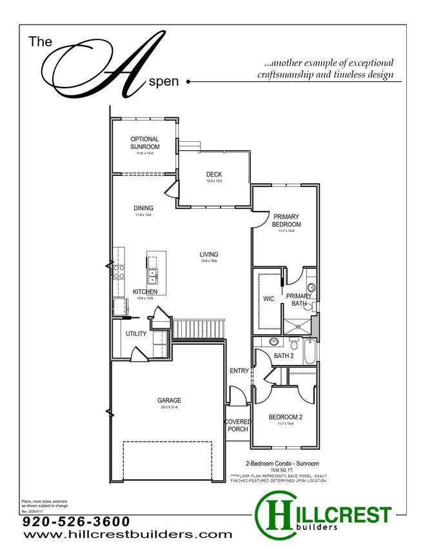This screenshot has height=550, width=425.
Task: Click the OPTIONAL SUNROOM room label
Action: tap(144, 142)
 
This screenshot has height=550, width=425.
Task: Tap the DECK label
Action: tap(214, 175)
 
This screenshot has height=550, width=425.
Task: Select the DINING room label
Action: tap(143, 208)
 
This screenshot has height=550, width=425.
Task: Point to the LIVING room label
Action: tap(209, 254)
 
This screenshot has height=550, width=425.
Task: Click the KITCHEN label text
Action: tap(145, 292)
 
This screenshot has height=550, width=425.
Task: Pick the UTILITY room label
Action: tap(136, 334)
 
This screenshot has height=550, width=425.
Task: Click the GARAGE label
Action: tap(169, 400)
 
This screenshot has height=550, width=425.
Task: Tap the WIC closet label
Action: tap(268, 299)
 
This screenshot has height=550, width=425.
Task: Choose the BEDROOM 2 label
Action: tap(285, 417)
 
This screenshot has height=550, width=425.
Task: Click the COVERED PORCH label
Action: tap(237, 426)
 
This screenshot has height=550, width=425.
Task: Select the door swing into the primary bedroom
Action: tap(259, 220)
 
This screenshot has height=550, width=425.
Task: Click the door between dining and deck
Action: tap(172, 191)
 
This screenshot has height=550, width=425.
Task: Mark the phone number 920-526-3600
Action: tap(76, 521)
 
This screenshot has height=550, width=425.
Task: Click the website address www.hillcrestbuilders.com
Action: tap(127, 535)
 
